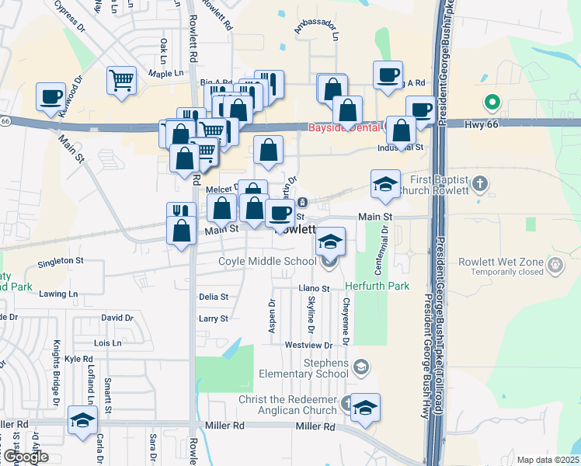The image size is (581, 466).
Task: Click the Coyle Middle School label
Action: (x=267, y=262)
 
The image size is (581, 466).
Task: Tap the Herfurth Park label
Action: (x=381, y=286)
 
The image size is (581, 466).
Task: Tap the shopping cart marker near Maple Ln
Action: (x=121, y=80)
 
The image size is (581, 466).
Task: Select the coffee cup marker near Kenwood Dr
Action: (x=50, y=97)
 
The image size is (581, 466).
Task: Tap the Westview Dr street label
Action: (x=308, y=344)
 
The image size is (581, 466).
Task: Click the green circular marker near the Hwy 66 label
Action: (x=491, y=102)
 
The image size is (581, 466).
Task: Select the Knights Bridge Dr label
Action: (x=57, y=373)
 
